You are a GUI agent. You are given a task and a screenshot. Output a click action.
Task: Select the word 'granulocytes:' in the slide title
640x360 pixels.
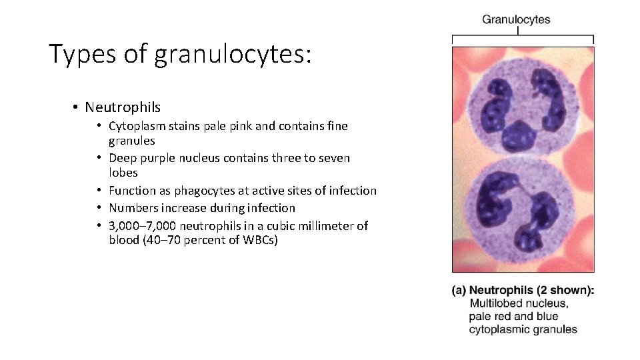tap(233, 55)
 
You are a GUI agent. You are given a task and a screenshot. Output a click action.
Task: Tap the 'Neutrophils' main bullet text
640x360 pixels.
tap(123, 107)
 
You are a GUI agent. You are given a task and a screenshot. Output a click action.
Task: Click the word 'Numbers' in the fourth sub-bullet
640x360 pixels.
tap(132, 208)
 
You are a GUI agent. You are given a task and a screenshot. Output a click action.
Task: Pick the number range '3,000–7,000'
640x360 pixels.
tap(140, 226)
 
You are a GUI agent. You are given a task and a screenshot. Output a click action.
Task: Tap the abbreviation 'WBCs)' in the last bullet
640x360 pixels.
tap(261, 240)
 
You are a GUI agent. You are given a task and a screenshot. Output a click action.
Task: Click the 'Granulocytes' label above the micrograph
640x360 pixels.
tap(516, 19)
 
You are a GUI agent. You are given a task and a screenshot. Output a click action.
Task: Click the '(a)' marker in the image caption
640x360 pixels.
tap(459, 290)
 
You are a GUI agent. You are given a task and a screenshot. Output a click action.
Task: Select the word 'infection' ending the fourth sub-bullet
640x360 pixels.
tap(271, 208)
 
